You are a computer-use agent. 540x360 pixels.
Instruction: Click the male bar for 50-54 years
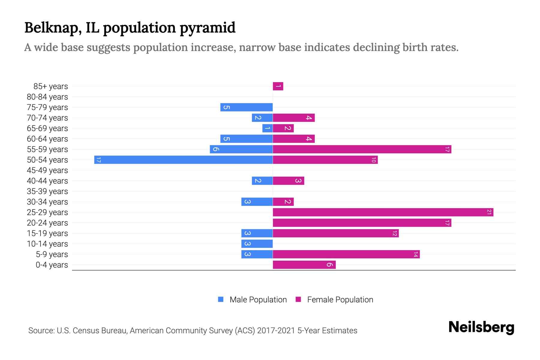[x=183, y=160]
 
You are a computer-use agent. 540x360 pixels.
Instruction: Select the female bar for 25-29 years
[x=383, y=212]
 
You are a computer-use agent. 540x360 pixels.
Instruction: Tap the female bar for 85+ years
[x=278, y=86]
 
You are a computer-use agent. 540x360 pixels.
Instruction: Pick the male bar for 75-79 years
[x=246, y=107]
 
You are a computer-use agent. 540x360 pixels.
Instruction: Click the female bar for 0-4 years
[x=304, y=265]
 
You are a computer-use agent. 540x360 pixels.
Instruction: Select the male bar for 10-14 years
[x=257, y=244]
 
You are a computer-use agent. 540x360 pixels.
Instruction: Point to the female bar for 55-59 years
[x=362, y=149]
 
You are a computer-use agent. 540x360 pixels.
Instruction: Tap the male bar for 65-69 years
[x=267, y=128]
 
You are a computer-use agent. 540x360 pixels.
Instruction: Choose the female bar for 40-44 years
[x=288, y=181]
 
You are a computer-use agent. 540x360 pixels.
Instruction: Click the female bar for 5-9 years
[x=346, y=254]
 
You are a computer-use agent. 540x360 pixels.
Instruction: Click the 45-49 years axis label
[x=47, y=170]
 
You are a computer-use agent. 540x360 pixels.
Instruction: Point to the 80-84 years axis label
[x=47, y=97]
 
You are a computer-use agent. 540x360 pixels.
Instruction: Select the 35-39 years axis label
[x=47, y=191]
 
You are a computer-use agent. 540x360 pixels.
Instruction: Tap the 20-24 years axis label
[x=47, y=223]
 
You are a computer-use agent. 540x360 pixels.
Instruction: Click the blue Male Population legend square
[x=221, y=299]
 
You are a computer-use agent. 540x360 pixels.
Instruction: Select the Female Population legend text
[x=340, y=300]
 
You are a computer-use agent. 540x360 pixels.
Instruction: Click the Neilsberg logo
[x=481, y=327]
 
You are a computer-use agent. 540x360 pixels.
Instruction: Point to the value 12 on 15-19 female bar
[x=394, y=233]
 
